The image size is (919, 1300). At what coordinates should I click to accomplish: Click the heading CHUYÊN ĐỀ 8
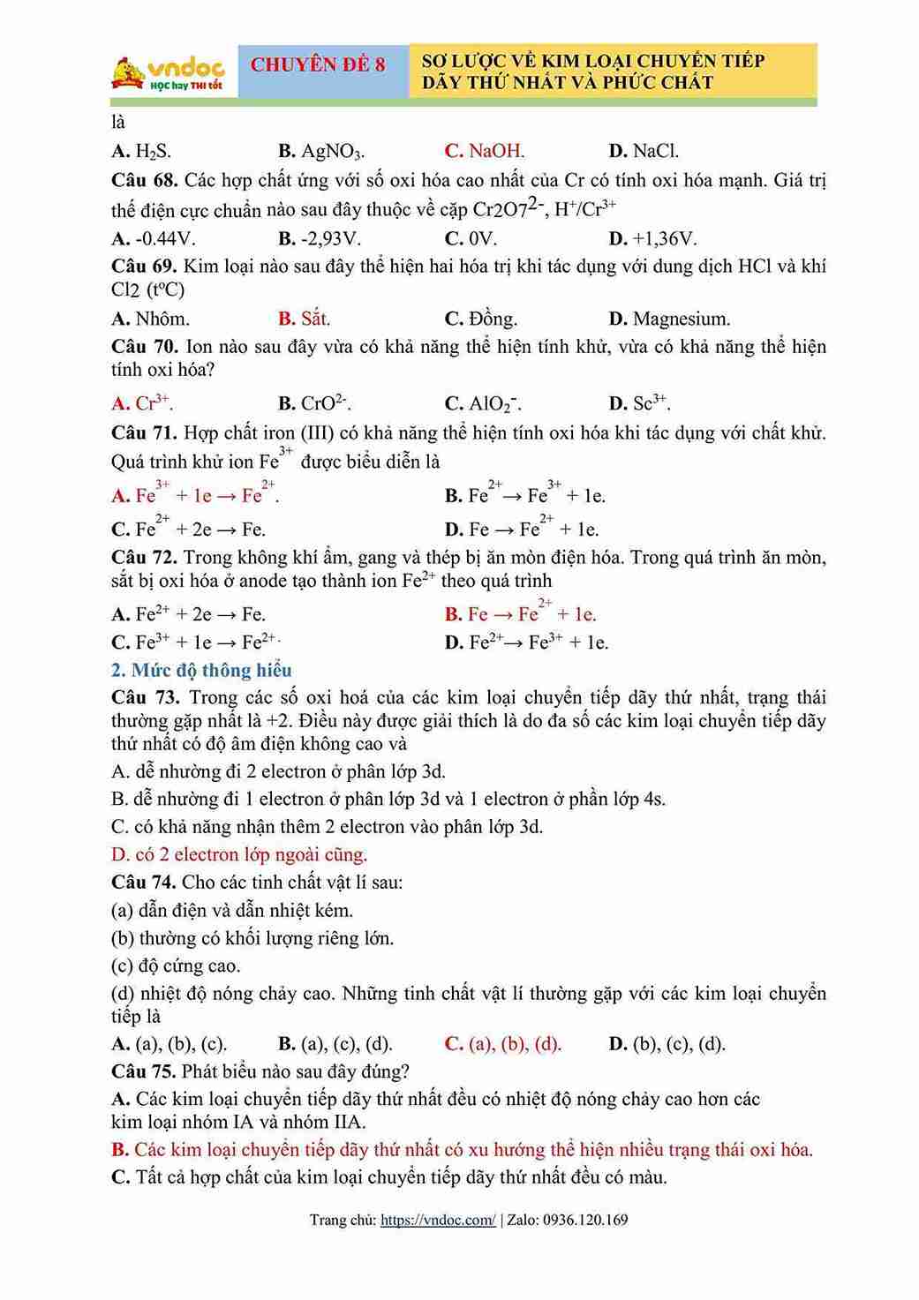pos(318,64)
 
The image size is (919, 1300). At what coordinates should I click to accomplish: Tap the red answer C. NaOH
pos(485,151)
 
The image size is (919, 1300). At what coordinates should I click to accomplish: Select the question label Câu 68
pos(144,181)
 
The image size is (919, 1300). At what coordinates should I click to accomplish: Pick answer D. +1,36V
pos(652,238)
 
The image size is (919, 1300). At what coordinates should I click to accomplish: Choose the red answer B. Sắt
pos(304,319)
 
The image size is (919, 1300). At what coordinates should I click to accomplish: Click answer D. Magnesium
pos(669,319)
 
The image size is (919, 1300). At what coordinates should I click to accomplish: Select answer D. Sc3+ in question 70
pos(639,404)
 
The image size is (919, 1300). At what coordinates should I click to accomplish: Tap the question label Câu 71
pos(144,433)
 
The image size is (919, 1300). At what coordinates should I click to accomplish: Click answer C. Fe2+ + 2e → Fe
pos(189,530)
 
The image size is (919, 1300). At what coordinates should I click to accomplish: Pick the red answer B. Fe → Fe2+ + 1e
pos(520,614)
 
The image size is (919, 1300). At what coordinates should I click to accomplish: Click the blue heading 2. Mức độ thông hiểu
pos(201,671)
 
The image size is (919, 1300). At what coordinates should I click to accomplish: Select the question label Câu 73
pos(145,698)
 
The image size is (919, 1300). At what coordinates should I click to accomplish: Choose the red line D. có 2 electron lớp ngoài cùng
pos(239,854)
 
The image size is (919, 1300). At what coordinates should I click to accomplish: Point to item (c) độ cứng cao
pos(175,966)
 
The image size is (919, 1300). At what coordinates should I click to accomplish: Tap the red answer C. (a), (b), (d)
pos(503,1044)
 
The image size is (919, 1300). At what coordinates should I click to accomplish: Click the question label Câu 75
pos(144,1071)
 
